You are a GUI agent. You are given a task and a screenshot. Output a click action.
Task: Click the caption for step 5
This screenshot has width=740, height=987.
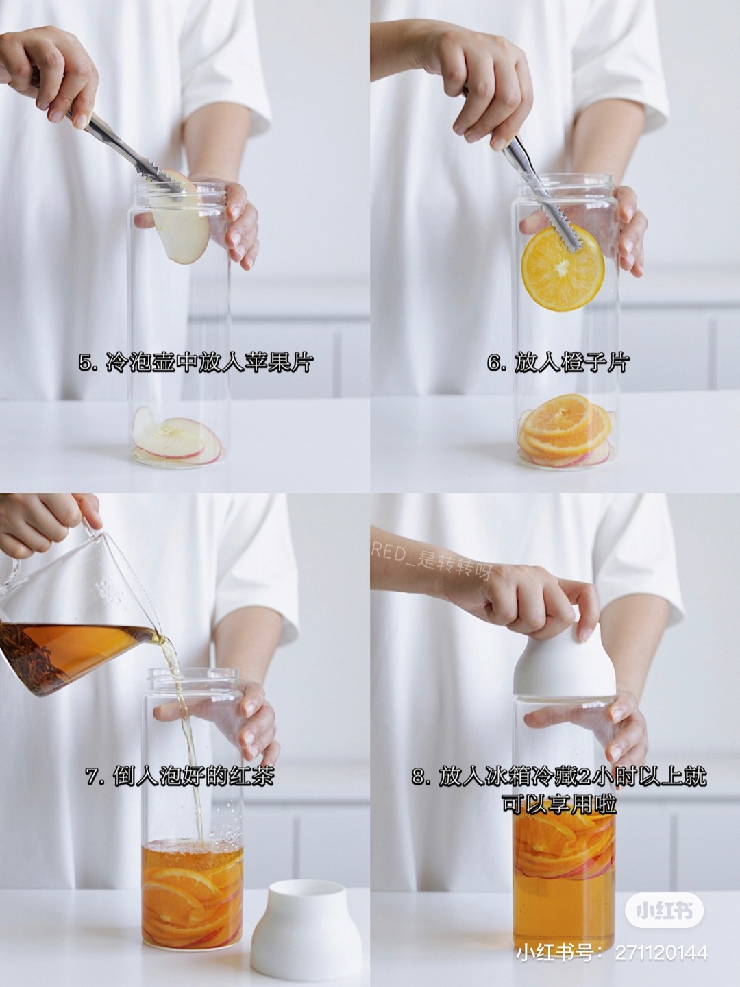pos(195,362)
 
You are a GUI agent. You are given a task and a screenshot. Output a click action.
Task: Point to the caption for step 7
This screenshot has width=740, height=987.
pos(180,777)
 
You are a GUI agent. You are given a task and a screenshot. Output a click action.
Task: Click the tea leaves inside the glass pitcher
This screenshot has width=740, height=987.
pos(41,644)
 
